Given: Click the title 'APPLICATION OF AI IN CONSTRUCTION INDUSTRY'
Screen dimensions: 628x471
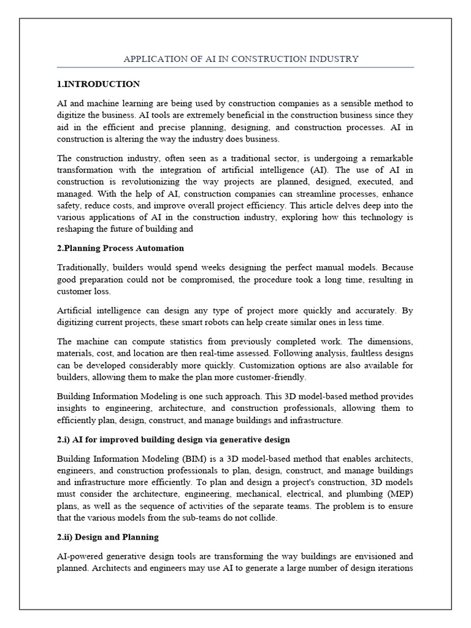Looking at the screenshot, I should [x=241, y=59].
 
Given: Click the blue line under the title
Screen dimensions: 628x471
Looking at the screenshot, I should [x=235, y=67].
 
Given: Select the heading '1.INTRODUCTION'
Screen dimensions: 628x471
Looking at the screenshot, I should [x=98, y=84].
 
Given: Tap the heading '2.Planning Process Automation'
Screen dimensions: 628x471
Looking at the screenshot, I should [x=120, y=248].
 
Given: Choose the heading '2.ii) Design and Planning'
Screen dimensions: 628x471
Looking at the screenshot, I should [x=108, y=537].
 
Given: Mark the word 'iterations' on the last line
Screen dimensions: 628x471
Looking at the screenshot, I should [x=393, y=568].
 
